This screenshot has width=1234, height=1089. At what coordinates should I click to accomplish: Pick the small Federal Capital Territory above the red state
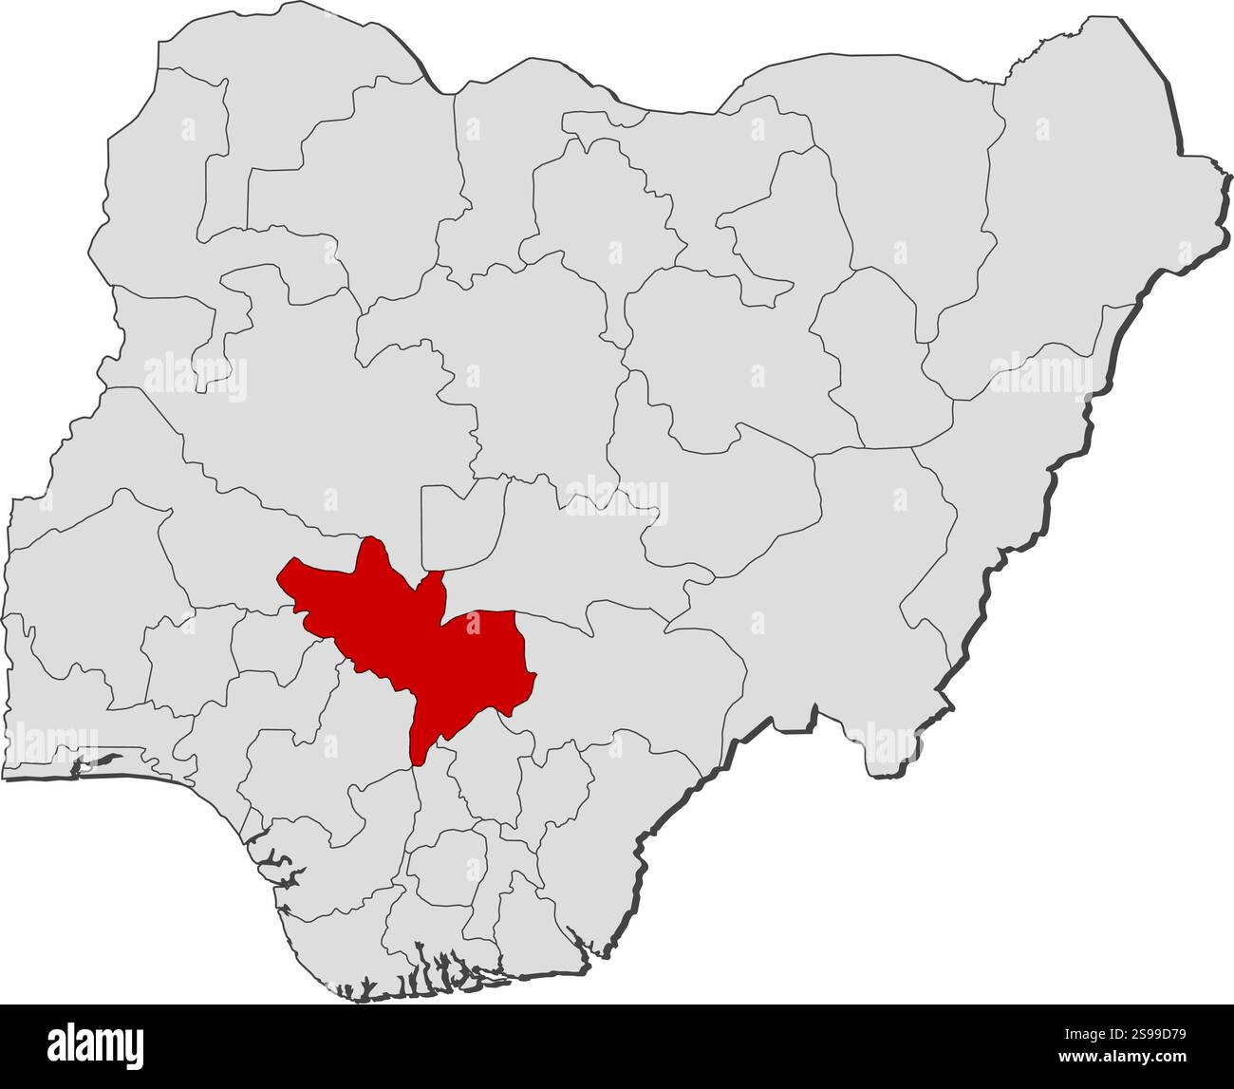459,527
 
